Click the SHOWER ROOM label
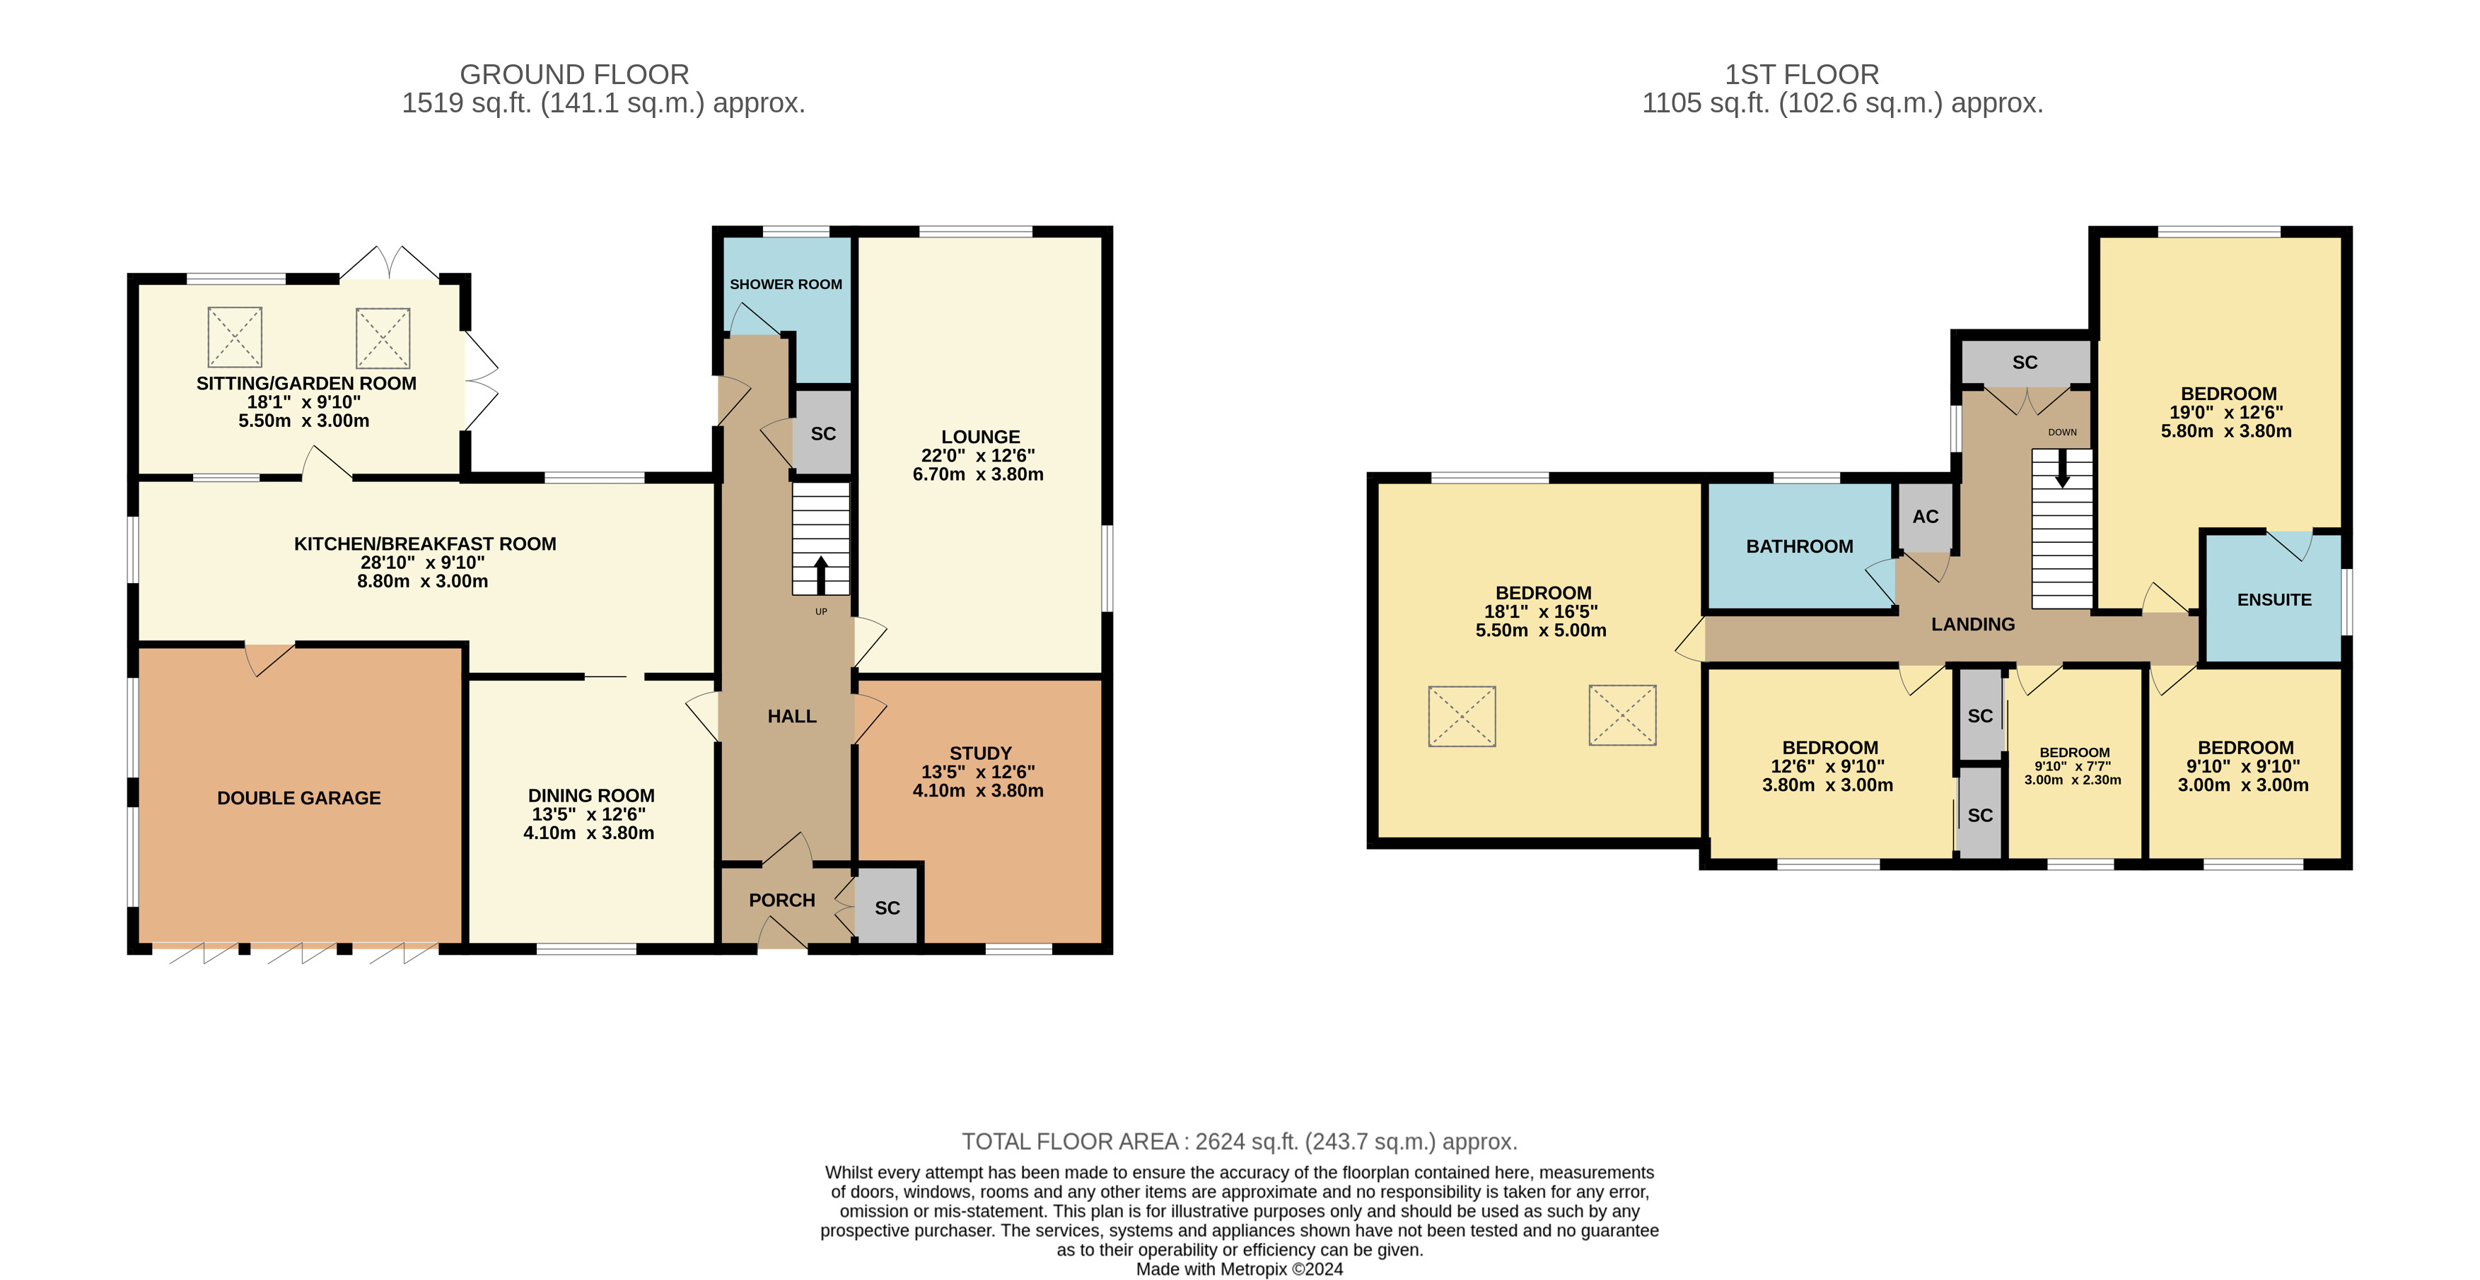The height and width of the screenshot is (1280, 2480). [786, 284]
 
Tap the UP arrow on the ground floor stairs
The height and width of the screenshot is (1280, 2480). [821, 575]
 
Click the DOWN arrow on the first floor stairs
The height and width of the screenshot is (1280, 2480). [2062, 469]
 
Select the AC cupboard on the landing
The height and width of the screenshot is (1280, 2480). [1926, 517]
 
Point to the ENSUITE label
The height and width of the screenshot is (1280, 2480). [2274, 599]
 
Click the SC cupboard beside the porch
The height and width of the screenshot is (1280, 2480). [887, 907]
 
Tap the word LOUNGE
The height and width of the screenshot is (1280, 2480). [980, 437]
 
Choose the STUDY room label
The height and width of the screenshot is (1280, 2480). [980, 753]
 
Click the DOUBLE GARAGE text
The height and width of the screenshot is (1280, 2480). [298, 798]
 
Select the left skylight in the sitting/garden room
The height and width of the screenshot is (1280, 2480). [235, 337]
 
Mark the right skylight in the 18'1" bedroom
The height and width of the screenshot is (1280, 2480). [1622, 715]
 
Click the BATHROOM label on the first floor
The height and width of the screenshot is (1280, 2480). [1799, 546]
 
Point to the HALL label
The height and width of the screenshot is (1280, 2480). [791, 716]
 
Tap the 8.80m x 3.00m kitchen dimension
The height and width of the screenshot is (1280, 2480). [423, 581]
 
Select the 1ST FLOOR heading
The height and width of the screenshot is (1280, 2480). [1801, 74]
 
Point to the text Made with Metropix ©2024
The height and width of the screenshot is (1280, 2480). [1239, 1269]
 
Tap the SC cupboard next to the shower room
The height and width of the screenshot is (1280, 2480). [823, 433]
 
